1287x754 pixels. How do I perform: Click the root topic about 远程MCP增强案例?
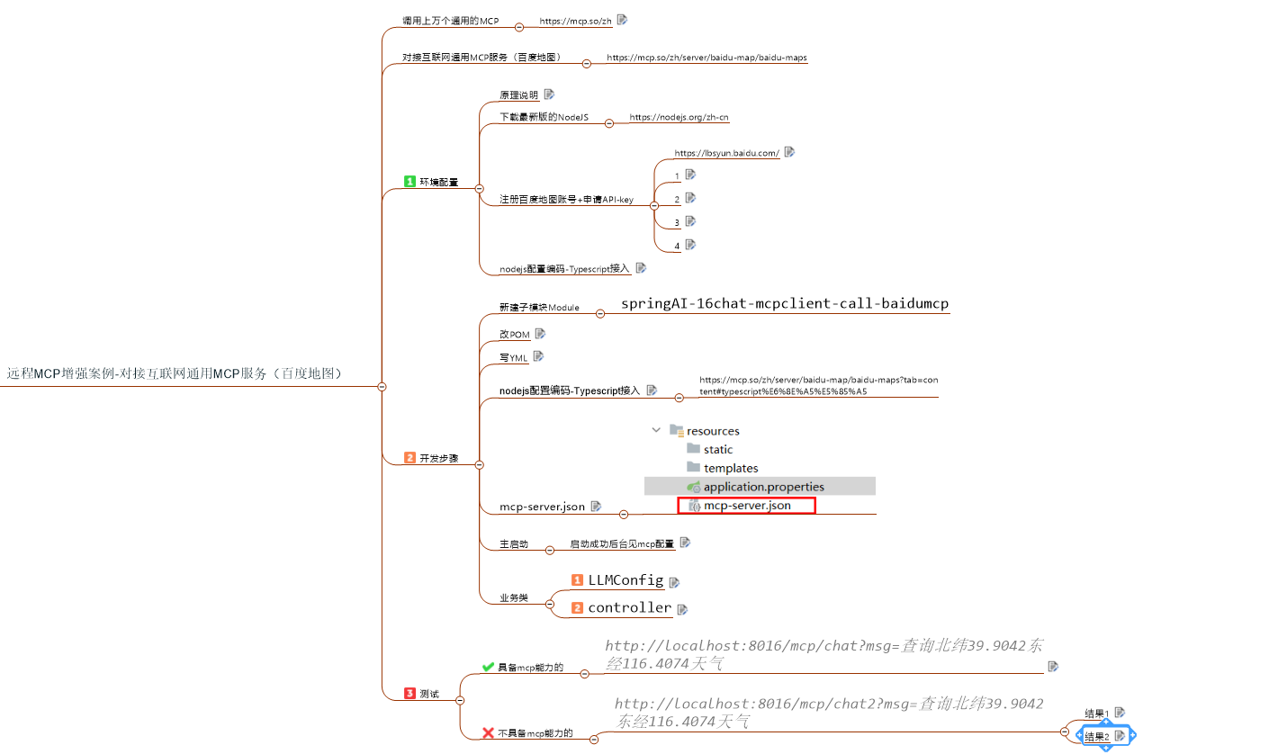[x=175, y=373]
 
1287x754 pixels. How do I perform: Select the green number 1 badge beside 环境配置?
[x=410, y=182]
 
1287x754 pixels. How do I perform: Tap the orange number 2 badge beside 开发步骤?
[x=410, y=458]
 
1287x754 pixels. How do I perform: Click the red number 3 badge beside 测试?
[x=410, y=693]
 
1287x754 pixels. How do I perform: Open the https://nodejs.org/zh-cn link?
[x=679, y=117]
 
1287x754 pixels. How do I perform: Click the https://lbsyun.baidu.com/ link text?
[x=726, y=153]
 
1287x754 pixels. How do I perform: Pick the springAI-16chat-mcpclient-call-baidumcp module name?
[x=785, y=304]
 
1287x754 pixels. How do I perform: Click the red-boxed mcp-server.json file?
[x=746, y=506]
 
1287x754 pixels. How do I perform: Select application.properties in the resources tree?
[x=763, y=487]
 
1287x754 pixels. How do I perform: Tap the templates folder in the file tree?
[x=730, y=468]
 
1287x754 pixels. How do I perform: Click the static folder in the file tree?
[x=717, y=449]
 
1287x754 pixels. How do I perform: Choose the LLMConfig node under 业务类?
[x=625, y=580]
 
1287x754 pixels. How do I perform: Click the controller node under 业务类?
[x=629, y=607]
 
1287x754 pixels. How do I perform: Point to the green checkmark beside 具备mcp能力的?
[x=488, y=667]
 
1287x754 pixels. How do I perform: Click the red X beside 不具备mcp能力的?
[x=488, y=733]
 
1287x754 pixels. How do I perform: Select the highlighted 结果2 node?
[x=1097, y=736]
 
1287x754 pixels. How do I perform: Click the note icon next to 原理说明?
[x=549, y=94]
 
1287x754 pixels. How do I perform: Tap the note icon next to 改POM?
[x=540, y=334]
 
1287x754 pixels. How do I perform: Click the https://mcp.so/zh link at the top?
[x=575, y=21]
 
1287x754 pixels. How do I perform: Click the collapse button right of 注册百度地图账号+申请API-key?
[x=654, y=206]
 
